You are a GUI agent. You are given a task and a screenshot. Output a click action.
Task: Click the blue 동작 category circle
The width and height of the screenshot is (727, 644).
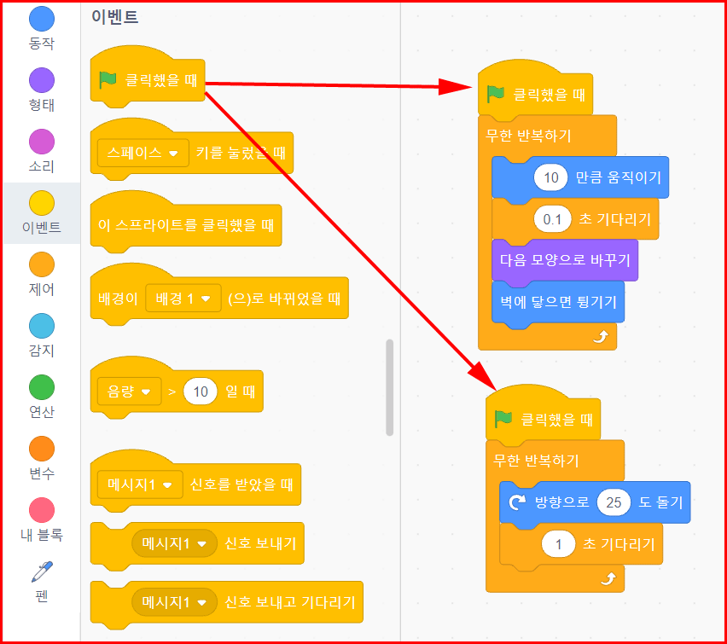pos(41,20)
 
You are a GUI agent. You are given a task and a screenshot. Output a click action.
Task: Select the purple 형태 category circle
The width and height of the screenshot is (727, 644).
pos(41,81)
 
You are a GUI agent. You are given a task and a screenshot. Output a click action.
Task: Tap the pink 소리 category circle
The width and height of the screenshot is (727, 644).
pos(41,142)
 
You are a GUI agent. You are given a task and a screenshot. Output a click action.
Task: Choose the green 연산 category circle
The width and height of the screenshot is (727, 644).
pos(41,387)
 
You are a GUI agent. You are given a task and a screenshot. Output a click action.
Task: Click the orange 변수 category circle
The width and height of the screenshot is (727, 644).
pos(41,449)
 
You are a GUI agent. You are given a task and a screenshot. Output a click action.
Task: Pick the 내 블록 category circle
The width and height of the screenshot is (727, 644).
pos(41,510)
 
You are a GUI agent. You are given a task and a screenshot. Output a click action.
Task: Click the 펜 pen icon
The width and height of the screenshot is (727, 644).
pos(41,571)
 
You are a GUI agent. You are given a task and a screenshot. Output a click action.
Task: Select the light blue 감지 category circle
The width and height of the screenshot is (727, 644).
pos(41,326)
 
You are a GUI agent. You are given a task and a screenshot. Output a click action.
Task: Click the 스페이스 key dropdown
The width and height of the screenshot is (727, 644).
pos(142,154)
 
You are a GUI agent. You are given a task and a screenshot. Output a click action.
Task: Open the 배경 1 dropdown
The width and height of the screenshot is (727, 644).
pos(183,299)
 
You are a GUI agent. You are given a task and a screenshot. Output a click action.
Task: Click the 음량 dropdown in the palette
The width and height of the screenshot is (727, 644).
pos(129,392)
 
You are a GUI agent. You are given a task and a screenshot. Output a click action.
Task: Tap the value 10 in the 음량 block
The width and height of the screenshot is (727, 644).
pos(200,392)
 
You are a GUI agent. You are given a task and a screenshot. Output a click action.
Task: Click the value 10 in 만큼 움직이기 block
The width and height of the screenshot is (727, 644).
pos(550,177)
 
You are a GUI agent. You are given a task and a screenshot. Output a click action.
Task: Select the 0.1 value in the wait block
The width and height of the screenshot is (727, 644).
pos(552,220)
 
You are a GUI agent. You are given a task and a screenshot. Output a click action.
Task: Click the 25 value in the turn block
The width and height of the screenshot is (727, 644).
pos(614,502)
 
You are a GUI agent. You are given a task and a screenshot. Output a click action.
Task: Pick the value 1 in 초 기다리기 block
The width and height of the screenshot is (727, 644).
pos(559,544)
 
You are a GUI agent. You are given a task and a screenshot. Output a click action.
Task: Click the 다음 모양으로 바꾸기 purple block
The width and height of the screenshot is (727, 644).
pos(564,258)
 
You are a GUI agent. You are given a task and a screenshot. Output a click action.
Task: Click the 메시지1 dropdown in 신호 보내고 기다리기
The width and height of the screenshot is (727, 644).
pos(174,602)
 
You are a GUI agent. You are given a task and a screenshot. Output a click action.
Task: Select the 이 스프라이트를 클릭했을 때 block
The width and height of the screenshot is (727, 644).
pos(185,226)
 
